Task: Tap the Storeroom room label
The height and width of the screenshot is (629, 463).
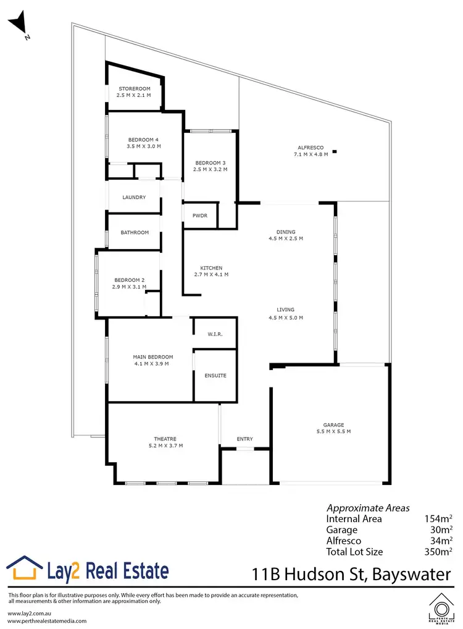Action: (x=134, y=89)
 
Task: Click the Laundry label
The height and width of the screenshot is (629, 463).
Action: (x=134, y=198)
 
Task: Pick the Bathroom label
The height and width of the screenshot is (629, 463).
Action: (x=135, y=233)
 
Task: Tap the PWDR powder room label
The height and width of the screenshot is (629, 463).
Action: (x=200, y=216)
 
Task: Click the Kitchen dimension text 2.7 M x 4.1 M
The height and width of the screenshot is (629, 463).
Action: (x=211, y=274)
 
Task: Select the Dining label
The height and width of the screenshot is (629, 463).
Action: (x=286, y=232)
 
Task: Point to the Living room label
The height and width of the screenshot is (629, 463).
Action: (x=286, y=310)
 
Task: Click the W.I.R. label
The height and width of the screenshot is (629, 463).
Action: (x=214, y=334)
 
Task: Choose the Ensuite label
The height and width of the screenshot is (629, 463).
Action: (x=215, y=376)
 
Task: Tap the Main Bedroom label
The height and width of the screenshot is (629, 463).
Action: (x=152, y=357)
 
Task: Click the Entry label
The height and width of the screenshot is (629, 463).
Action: (x=245, y=439)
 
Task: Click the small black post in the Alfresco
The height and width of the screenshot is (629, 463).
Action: (x=335, y=151)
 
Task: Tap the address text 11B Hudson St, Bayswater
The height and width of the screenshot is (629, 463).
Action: (x=351, y=575)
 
